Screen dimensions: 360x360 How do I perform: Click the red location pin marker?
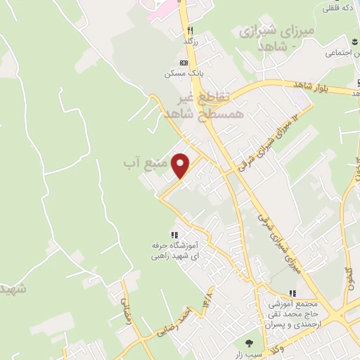click(181, 165)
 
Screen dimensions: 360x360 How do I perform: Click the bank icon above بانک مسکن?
click(184, 63)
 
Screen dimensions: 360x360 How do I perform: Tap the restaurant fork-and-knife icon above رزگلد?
click(190, 31)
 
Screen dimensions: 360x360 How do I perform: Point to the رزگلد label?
click(190, 41)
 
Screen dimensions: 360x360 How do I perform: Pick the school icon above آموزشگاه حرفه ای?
click(174, 236)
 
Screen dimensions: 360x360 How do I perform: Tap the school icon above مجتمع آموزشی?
click(293, 294)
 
